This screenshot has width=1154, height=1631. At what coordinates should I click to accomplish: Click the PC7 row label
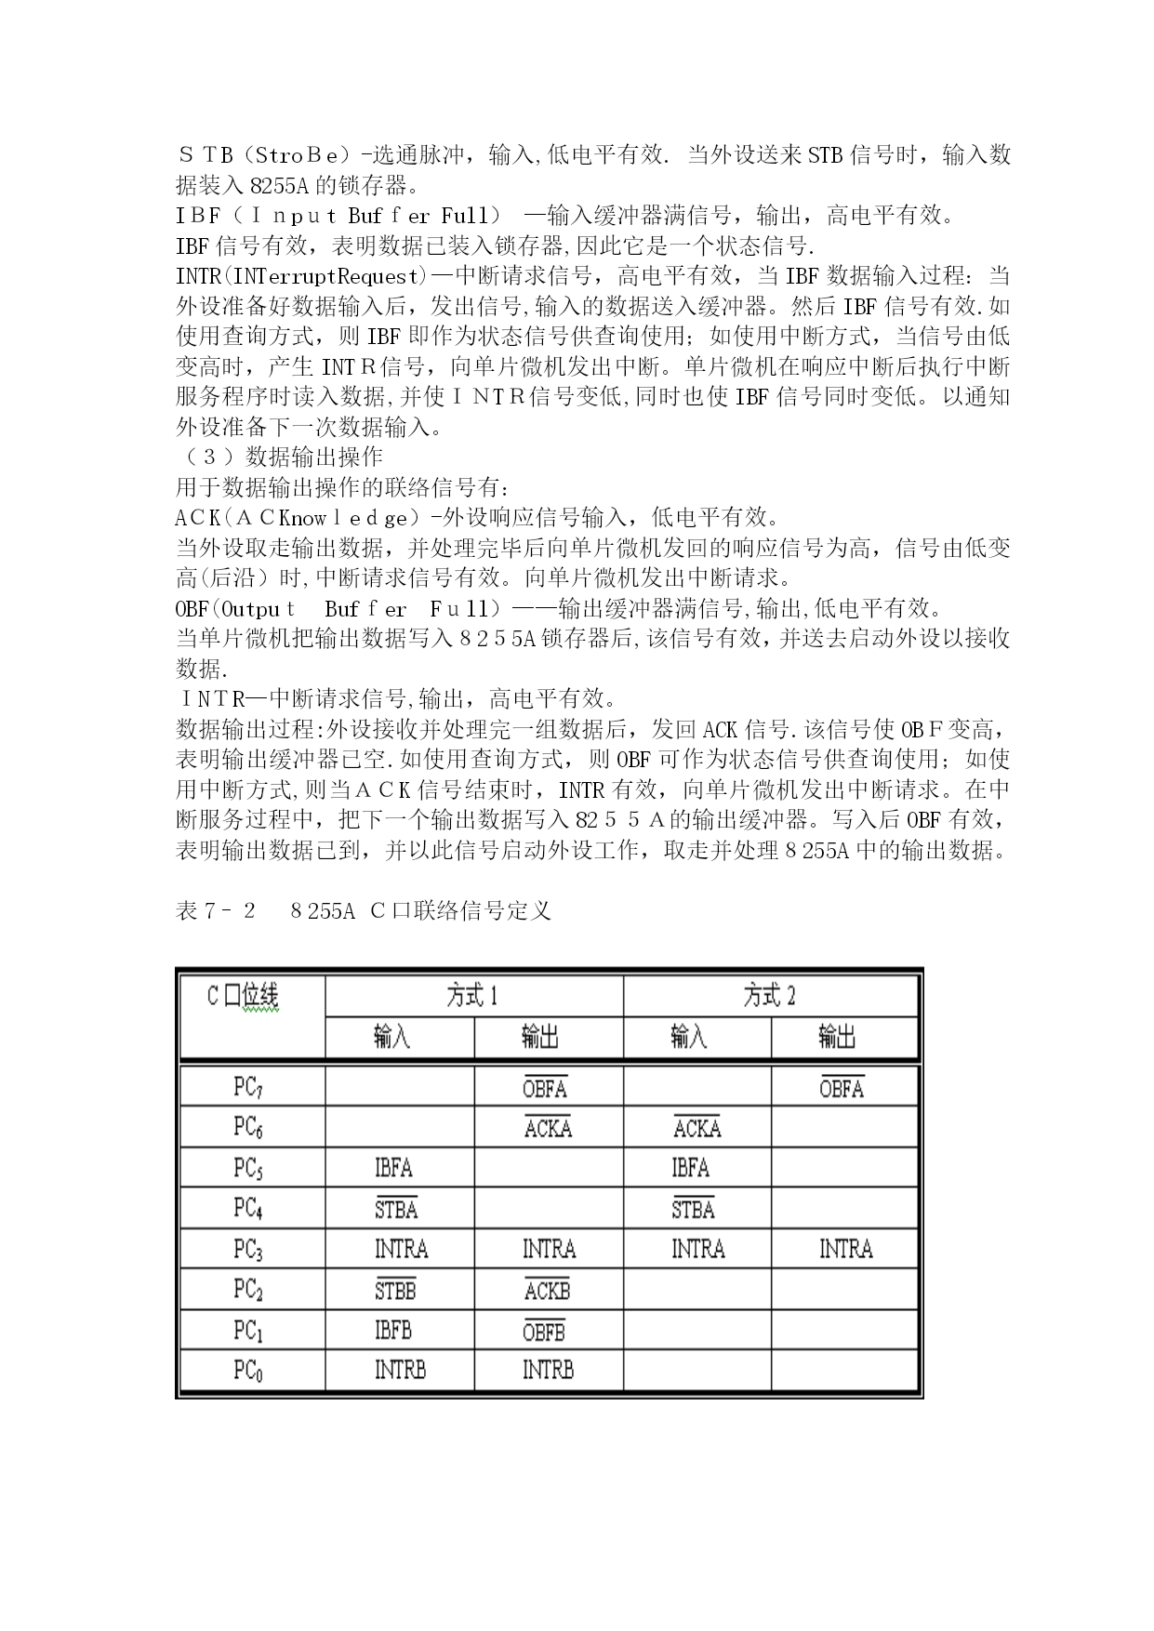[247, 1087]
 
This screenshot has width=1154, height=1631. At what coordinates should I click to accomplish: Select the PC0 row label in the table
[247, 1371]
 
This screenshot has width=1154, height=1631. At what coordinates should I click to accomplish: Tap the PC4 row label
[247, 1209]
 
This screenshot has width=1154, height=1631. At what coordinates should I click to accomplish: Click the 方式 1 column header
[472, 997]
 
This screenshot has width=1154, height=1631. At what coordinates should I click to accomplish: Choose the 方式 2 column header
[770, 997]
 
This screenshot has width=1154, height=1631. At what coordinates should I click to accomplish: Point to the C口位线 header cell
[243, 997]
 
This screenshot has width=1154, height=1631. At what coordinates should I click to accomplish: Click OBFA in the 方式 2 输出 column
[842, 1088]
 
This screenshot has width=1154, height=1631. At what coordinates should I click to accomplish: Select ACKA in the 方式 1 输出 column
[548, 1128]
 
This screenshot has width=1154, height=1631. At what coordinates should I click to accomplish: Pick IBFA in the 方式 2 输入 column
[690, 1168]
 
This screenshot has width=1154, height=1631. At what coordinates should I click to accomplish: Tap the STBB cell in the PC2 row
[395, 1290]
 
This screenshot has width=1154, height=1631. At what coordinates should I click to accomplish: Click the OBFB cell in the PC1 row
[544, 1331]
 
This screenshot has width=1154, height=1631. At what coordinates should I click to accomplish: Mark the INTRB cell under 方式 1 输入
[400, 1370]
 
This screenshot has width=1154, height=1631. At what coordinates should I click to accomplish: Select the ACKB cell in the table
[547, 1290]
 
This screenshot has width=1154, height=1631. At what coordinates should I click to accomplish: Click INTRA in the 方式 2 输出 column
[845, 1249]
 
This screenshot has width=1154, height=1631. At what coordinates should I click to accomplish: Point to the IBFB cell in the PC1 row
[393, 1330]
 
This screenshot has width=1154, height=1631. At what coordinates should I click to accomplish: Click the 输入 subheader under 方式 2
[689, 1037]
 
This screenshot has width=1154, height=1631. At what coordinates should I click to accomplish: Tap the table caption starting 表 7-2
[364, 910]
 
